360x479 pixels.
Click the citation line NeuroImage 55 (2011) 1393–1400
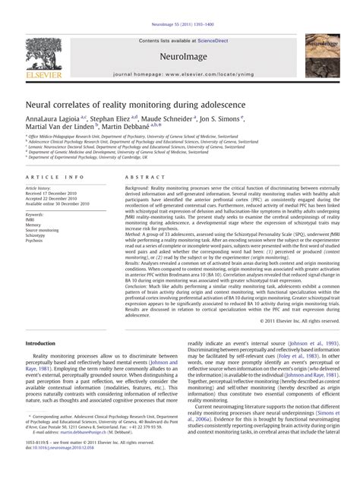coord(179,5)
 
